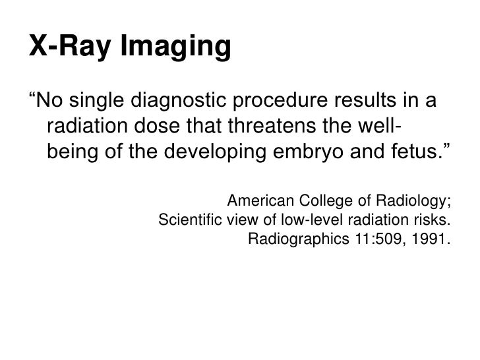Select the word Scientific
(191, 220)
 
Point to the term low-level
(311, 220)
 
